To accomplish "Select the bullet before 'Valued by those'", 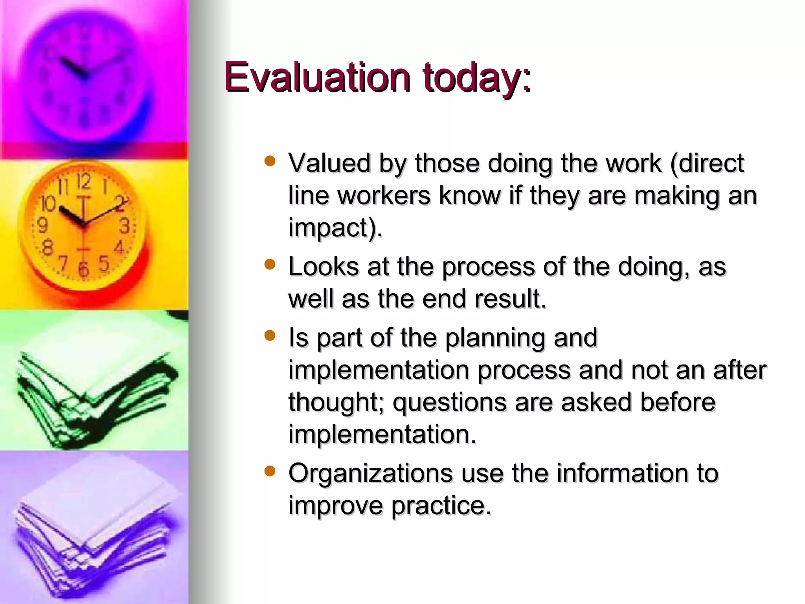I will click(x=270, y=161).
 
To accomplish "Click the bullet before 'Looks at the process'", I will click(x=270, y=264).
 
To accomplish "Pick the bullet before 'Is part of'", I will click(x=270, y=335).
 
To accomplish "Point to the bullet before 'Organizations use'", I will click(x=270, y=471).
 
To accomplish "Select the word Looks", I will click(x=323, y=267).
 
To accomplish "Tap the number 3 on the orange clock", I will click(x=125, y=226).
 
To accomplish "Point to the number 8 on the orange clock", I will click(x=47, y=248).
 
